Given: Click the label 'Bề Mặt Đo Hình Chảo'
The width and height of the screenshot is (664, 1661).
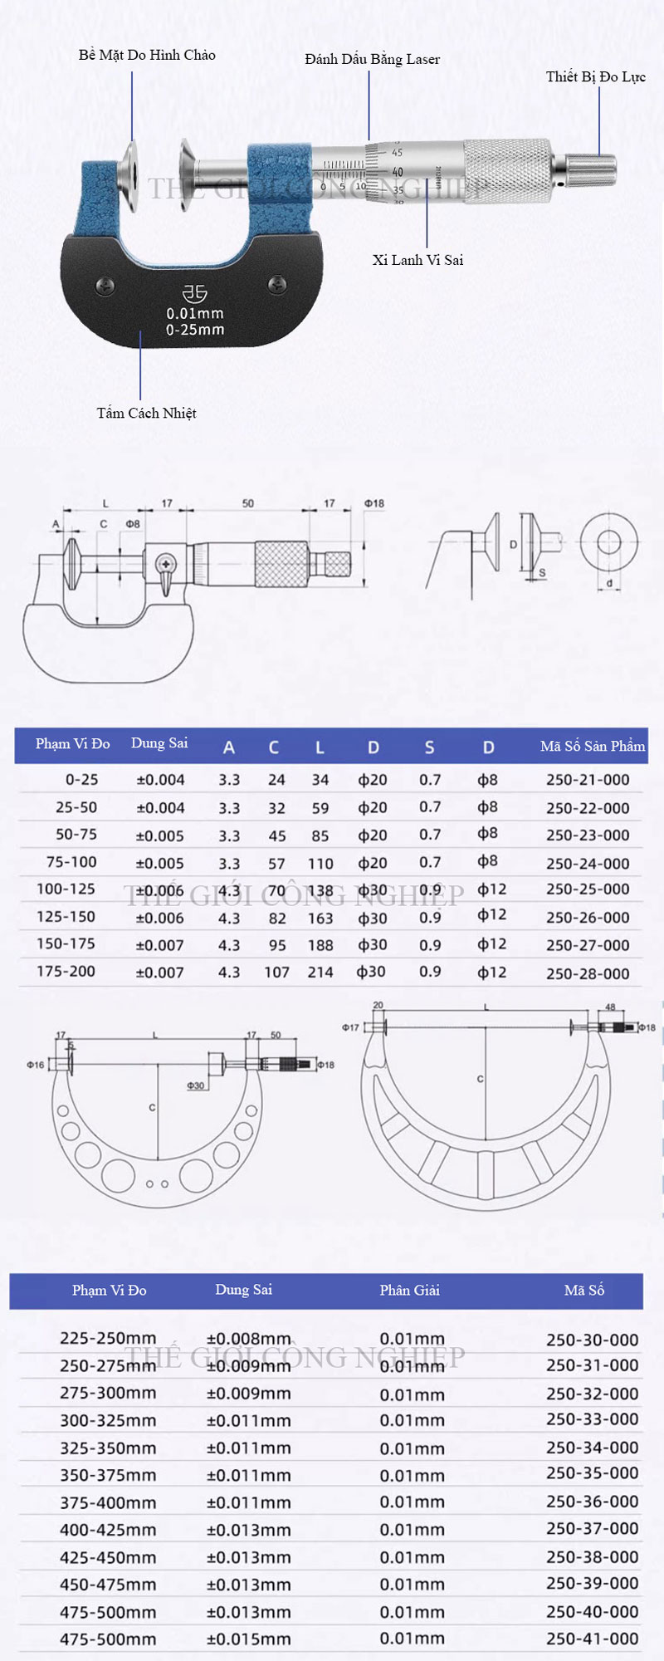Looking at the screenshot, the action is [147, 56].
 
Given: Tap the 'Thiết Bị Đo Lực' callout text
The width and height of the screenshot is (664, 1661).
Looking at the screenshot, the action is [595, 77].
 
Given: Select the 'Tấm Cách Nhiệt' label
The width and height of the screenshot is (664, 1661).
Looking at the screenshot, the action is [146, 413].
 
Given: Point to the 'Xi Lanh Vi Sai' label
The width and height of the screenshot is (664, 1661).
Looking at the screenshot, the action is [417, 260].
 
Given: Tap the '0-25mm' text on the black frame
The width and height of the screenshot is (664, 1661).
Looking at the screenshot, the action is [195, 330].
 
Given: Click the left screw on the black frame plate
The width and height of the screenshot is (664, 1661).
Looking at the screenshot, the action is [105, 285].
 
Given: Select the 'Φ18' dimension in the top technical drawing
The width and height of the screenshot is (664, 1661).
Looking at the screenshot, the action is [374, 503].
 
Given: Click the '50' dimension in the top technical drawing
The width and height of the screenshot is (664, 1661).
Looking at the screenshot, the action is [248, 503].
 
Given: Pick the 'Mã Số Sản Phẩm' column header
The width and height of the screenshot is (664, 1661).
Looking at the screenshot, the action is [592, 746].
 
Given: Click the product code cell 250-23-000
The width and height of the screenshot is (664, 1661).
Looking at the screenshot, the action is [588, 835].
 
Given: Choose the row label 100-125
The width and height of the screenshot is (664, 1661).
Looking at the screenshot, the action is [66, 889].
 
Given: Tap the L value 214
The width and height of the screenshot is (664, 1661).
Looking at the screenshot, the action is [320, 972].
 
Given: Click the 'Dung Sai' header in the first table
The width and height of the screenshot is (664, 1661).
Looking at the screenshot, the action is [159, 743].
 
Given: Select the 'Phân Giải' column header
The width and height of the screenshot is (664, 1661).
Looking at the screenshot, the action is [409, 1290].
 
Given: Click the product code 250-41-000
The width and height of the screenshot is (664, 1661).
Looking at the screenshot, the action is [593, 1639].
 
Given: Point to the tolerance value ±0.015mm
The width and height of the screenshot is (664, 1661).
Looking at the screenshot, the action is [249, 1639].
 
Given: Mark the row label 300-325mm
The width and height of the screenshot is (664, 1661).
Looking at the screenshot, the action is [108, 1420].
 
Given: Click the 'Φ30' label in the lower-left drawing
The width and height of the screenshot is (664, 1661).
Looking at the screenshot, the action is [196, 1085].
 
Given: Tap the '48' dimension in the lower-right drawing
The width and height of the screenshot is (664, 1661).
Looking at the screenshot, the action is [610, 1007].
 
